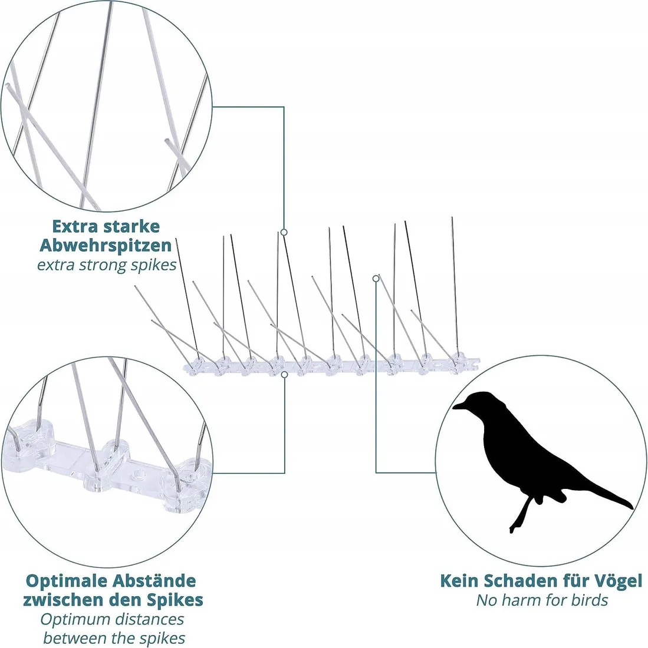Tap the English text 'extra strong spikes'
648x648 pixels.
coord(107,265)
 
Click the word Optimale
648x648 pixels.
coord(65,581)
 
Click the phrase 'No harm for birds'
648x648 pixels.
coord(542,600)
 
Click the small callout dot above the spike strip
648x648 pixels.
coord(284,233)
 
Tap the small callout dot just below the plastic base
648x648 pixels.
coord(284,373)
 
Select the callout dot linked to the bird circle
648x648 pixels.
coord(376,278)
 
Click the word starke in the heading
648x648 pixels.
coord(133,226)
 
